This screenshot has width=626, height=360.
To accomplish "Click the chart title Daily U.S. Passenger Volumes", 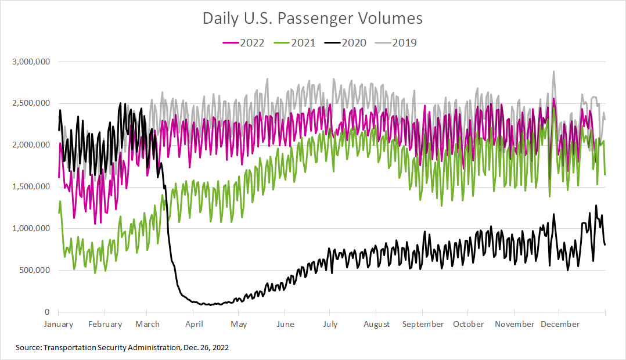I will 312,19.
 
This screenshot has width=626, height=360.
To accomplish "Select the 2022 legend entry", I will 244,42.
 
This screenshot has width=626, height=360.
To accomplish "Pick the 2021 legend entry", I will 295,42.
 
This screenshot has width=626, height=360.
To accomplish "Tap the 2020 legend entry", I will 346,42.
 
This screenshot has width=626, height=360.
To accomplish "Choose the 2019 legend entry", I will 396,42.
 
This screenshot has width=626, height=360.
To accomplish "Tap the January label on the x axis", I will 59,325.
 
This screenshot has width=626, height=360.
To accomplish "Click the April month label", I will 194,325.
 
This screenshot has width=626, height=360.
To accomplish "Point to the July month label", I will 330,325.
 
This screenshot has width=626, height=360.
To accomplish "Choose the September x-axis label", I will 423,325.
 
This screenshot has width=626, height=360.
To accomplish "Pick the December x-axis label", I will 560,325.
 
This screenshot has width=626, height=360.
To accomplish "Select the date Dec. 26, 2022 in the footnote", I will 204,347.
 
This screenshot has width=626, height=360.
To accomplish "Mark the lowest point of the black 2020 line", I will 209,304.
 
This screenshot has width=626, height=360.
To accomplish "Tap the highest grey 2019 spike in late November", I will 553,71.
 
